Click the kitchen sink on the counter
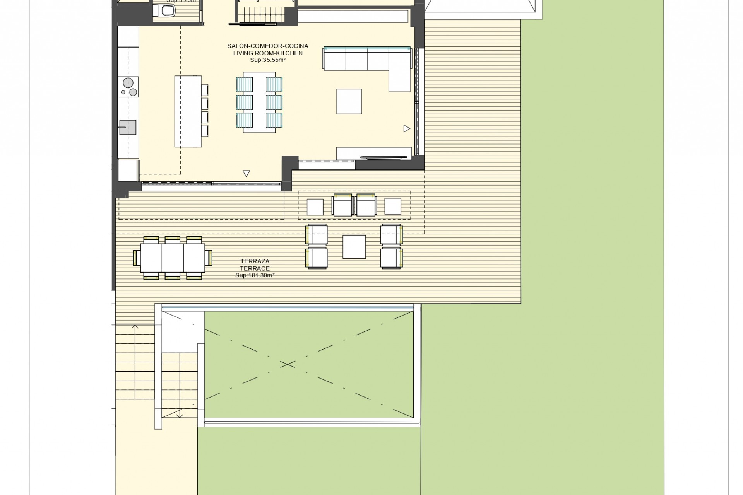(x=127, y=127)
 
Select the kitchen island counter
(x=188, y=111)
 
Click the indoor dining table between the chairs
(x=259, y=102)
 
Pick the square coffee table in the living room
(x=349, y=101)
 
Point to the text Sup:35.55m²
(x=268, y=60)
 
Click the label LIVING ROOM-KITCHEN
(x=268, y=53)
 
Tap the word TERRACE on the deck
(x=255, y=268)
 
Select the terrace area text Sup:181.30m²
(x=255, y=275)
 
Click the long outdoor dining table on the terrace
(x=173, y=258)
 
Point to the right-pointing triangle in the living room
(x=406, y=128)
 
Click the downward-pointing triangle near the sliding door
(x=246, y=174)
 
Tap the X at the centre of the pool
(x=287, y=364)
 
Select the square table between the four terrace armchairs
(x=354, y=247)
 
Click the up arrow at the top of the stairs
(x=135, y=328)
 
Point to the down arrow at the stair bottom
(x=180, y=415)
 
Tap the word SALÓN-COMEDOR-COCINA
(x=268, y=46)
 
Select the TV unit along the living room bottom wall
(x=373, y=153)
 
